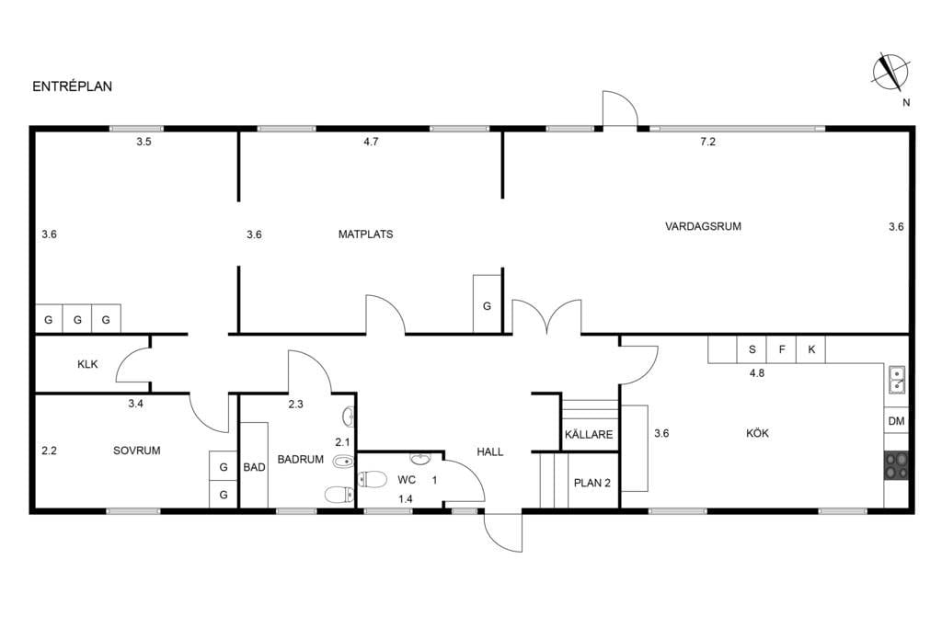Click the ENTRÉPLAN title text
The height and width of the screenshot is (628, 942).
72,86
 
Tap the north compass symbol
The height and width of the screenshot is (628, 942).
890,72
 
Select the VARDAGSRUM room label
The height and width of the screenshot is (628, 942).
703,226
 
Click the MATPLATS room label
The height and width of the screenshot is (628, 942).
365,234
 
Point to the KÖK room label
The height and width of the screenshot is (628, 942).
757,433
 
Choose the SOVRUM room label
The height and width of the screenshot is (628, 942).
137,451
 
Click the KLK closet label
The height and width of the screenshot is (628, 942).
87,364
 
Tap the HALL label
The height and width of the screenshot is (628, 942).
490,451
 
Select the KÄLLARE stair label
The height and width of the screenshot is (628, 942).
589,434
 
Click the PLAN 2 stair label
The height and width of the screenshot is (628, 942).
592,483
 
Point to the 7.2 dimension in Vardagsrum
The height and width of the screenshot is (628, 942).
707,142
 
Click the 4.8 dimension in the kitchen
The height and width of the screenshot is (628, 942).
757,372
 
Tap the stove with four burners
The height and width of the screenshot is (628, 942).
896,465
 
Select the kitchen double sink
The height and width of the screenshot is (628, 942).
897,380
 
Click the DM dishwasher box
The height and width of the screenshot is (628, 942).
896,421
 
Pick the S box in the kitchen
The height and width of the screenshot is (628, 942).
752,349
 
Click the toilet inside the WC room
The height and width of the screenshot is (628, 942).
373,479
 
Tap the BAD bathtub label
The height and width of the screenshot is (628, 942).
254,467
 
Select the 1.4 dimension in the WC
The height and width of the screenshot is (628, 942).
406,499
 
